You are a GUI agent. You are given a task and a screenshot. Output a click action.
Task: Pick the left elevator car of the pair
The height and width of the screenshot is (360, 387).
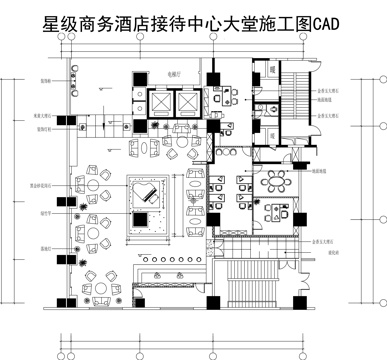[x=160, y=102]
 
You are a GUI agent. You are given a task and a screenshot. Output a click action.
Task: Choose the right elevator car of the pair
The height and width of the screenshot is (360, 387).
[x=188, y=102]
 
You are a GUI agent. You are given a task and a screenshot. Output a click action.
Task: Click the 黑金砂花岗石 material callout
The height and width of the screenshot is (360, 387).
[x=43, y=186]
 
